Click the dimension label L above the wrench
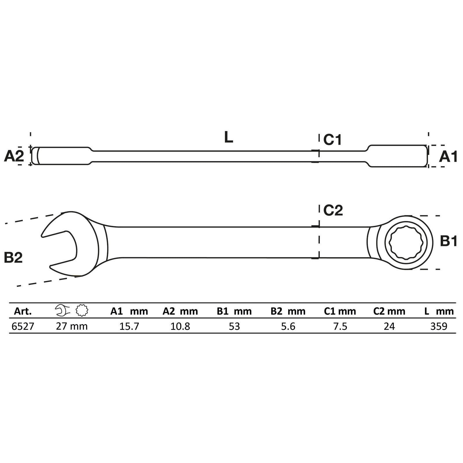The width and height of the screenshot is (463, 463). [229, 137]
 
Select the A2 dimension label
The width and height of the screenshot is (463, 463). [14, 157]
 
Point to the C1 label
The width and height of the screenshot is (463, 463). [332, 140]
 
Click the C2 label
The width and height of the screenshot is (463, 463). [333, 210]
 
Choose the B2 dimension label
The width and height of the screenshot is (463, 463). [13, 257]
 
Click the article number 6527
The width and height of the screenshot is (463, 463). [23, 326]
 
